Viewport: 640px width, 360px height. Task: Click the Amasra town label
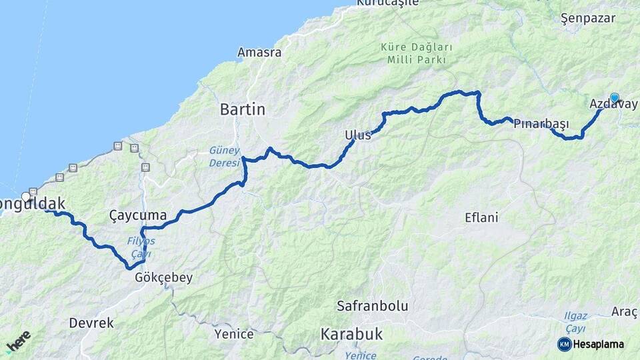259,52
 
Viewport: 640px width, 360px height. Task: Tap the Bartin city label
243,109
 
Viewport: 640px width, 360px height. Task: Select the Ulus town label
357,135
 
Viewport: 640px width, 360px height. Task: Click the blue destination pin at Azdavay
614,98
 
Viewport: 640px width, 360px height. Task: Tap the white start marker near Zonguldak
26,197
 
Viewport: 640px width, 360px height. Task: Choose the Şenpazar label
587,18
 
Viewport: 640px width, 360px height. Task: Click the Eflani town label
481,217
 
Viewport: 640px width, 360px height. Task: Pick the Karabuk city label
351,333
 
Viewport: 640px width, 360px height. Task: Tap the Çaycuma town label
137,215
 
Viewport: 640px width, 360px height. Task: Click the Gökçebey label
163,277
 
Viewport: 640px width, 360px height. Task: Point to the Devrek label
91,323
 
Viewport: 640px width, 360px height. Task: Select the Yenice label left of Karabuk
233,333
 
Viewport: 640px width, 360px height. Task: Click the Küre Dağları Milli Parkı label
416,53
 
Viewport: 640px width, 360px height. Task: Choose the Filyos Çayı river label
141,247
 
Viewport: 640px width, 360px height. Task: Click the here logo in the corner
18,341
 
